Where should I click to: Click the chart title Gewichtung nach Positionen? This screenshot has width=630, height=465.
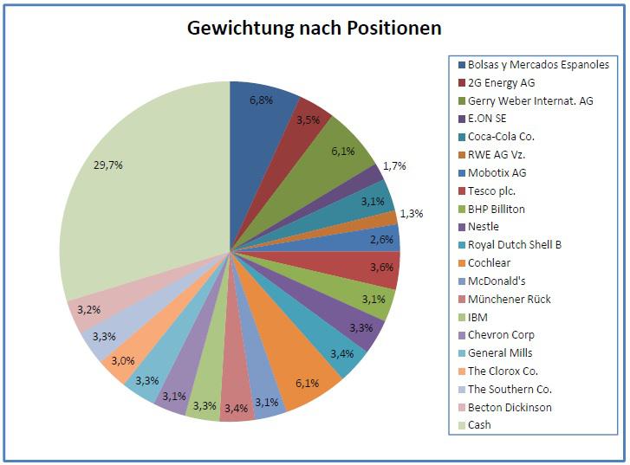click(x=315, y=28)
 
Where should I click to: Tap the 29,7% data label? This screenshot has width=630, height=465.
click(x=107, y=165)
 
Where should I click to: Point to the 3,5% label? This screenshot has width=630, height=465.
click(x=309, y=120)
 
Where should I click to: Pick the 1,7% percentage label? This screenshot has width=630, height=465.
click(x=394, y=165)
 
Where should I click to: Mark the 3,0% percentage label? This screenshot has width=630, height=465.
click(x=124, y=361)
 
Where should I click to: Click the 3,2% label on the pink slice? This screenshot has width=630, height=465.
click(x=89, y=309)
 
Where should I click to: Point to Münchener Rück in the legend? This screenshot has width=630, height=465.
click(x=509, y=299)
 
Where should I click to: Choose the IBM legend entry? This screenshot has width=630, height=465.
click(x=477, y=317)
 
